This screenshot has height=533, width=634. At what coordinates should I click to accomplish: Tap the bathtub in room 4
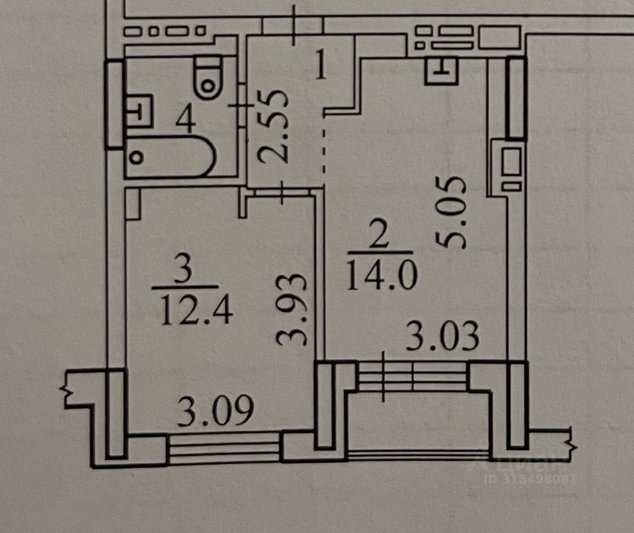[x=170, y=157]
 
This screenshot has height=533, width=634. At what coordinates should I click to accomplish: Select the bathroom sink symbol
[x=138, y=110]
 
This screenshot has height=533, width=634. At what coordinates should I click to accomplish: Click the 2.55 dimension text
[x=273, y=127]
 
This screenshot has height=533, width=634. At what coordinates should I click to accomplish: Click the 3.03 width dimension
[x=442, y=336]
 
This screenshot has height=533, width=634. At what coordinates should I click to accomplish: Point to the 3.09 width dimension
[x=215, y=411]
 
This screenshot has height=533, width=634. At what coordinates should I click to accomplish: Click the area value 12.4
[x=197, y=311]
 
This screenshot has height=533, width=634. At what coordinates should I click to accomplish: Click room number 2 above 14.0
[x=379, y=234]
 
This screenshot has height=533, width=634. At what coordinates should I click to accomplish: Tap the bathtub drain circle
[x=137, y=158]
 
